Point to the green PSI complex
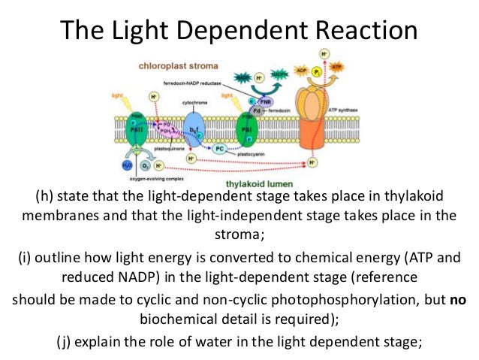[246, 126]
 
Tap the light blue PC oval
[218, 149]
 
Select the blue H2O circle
[128, 165]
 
